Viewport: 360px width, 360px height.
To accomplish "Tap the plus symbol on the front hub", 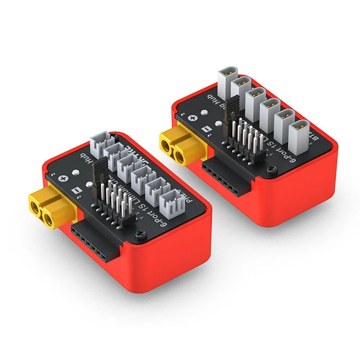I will (65, 179).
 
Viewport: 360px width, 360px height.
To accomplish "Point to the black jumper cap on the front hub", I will (96, 173).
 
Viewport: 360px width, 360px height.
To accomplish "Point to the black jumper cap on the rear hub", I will (232, 108).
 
